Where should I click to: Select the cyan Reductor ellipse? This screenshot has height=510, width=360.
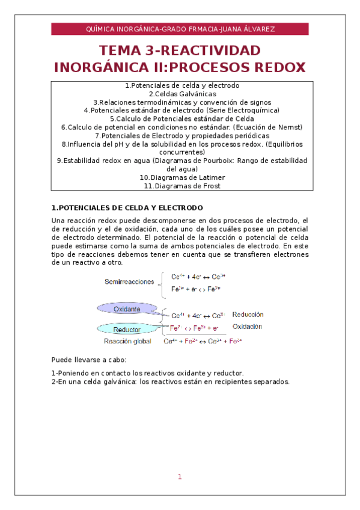click(x=127, y=330)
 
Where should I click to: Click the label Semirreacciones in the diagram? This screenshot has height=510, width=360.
click(x=129, y=281)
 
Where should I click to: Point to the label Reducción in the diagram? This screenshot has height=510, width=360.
click(x=247, y=314)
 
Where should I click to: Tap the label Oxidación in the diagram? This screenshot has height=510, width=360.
click(x=247, y=327)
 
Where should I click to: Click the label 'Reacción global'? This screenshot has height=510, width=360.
click(x=127, y=341)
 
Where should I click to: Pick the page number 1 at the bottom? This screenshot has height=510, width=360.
click(x=179, y=477)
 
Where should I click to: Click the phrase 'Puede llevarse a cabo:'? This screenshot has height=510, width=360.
click(x=89, y=360)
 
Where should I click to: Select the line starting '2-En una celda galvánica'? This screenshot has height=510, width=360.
click(x=171, y=381)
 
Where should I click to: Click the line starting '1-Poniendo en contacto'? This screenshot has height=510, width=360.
click(x=148, y=373)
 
